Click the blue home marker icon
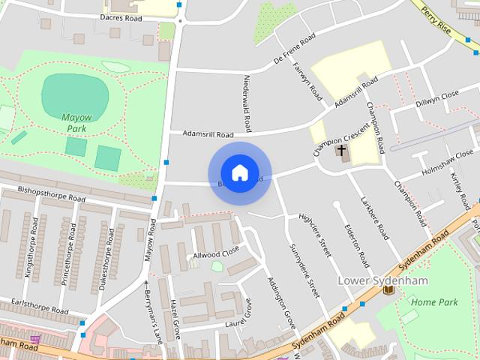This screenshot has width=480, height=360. pos(239,173)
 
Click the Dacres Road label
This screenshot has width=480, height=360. pos(121,16)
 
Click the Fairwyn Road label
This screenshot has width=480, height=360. pos(307,81)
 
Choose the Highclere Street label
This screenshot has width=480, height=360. pos(315,235)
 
